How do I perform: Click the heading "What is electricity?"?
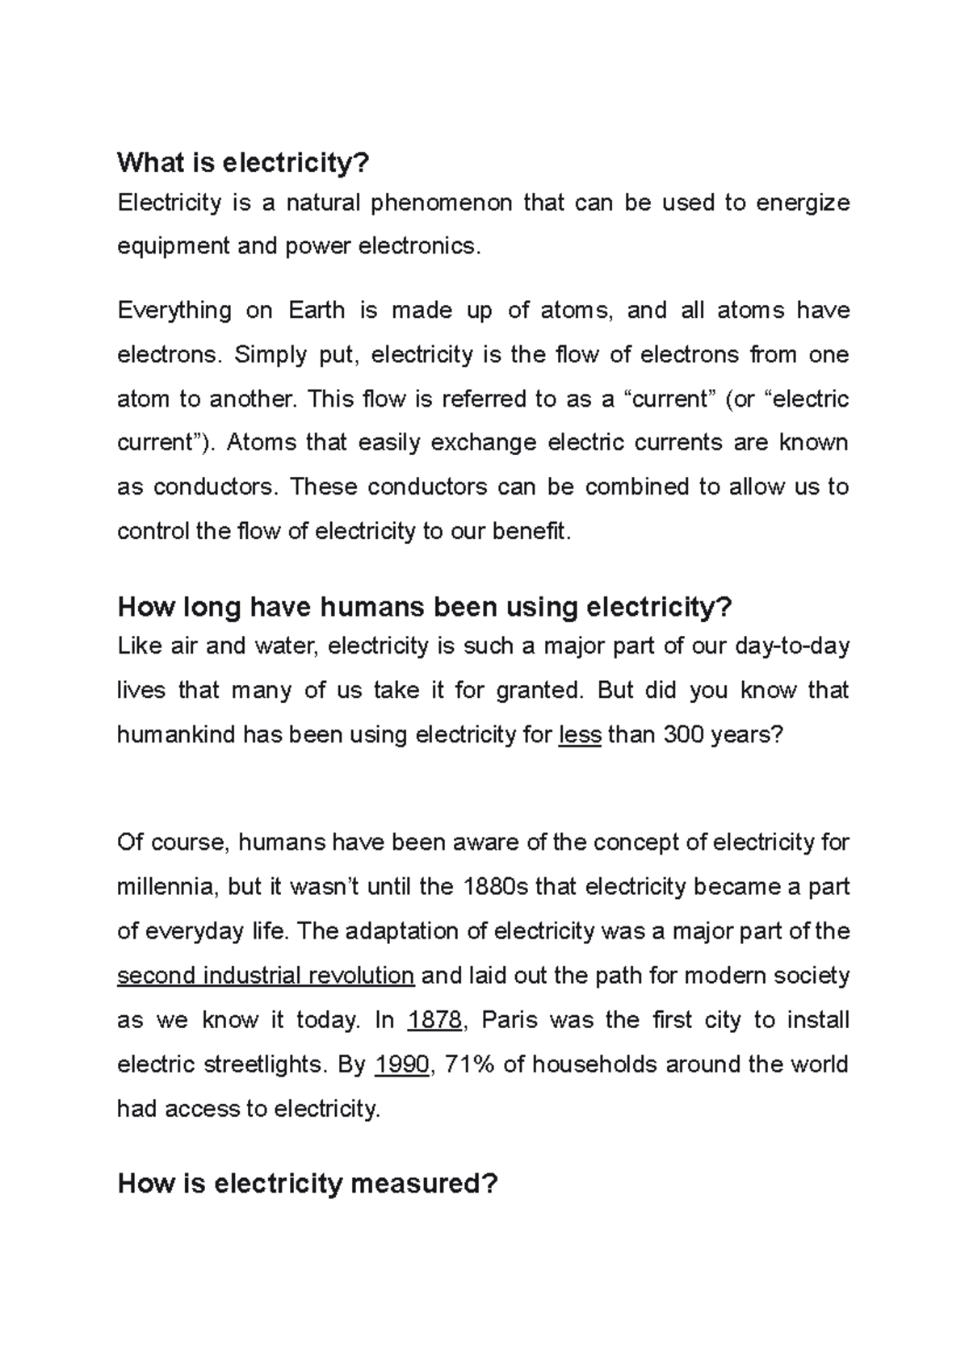243,163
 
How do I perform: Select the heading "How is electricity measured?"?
308,1184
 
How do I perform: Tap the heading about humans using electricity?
424,606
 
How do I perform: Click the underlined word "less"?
580,735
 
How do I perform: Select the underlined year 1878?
434,1020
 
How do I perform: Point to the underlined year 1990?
402,1064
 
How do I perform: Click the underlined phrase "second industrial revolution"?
266,976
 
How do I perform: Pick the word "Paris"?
509,1020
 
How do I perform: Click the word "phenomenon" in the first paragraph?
442,203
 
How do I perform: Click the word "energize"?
803,203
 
